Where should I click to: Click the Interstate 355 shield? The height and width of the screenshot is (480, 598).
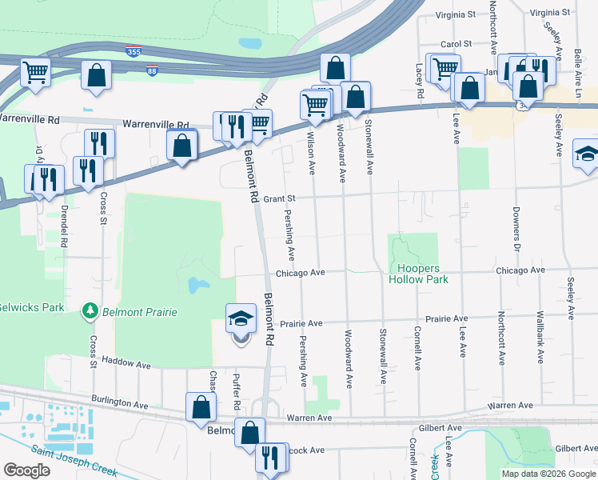coord(134,51)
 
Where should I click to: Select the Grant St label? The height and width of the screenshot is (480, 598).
coord(280,198)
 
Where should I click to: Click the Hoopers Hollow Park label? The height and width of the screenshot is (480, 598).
coord(418,274)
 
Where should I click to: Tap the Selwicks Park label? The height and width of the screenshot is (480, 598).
coord(30,306)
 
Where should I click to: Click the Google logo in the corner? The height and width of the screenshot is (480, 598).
coord(26,470)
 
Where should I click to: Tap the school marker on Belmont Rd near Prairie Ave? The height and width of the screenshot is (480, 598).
coord(241,319)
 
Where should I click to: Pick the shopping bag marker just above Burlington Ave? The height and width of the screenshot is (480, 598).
coord(201,407)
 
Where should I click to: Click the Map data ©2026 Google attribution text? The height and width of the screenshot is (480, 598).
coord(548,473)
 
